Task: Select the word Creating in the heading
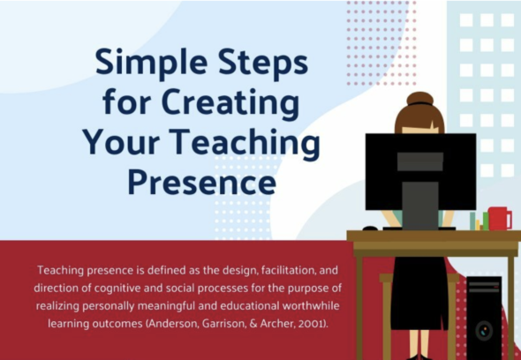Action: pos(230,103)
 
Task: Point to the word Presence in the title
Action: pos(202,182)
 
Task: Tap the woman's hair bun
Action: pos(420,99)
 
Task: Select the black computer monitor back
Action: pos(420,172)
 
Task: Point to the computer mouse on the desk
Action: pos(370,229)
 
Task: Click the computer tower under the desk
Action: pos(484,317)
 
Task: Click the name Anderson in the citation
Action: pos(173,324)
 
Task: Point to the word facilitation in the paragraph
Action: pos(289,270)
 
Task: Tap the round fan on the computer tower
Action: pos(484,331)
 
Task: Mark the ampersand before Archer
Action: pos(253,324)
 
